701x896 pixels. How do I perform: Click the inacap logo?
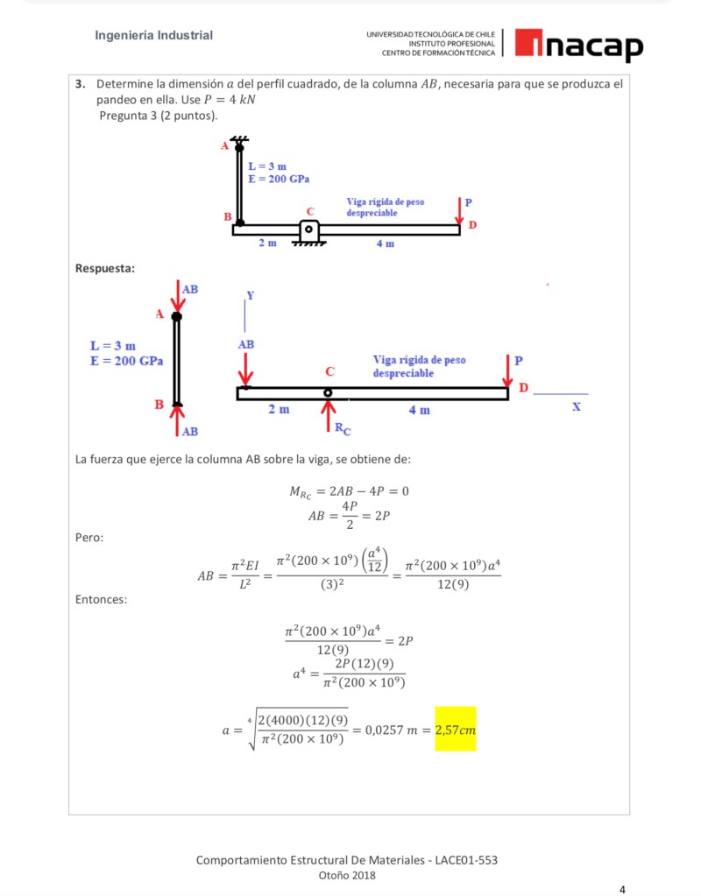(578, 45)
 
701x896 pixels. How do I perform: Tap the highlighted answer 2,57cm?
(455, 729)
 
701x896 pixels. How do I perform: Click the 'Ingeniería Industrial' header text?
(154, 36)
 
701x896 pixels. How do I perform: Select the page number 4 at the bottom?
(622, 889)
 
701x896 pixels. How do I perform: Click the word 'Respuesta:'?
(106, 267)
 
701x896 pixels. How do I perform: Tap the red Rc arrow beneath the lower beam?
(329, 416)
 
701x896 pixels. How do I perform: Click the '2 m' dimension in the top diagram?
(268, 243)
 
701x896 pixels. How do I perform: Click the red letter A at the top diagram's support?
(224, 147)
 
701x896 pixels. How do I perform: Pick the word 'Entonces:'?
(102, 600)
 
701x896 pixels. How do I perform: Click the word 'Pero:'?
(90, 536)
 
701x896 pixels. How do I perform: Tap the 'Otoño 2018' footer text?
(347, 875)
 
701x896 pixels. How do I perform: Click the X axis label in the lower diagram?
(576, 407)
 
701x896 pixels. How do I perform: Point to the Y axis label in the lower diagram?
(250, 294)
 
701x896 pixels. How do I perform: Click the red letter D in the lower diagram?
(523, 386)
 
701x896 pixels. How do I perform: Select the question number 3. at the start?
(80, 84)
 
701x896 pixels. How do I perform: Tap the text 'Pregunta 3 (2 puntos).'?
(159, 116)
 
